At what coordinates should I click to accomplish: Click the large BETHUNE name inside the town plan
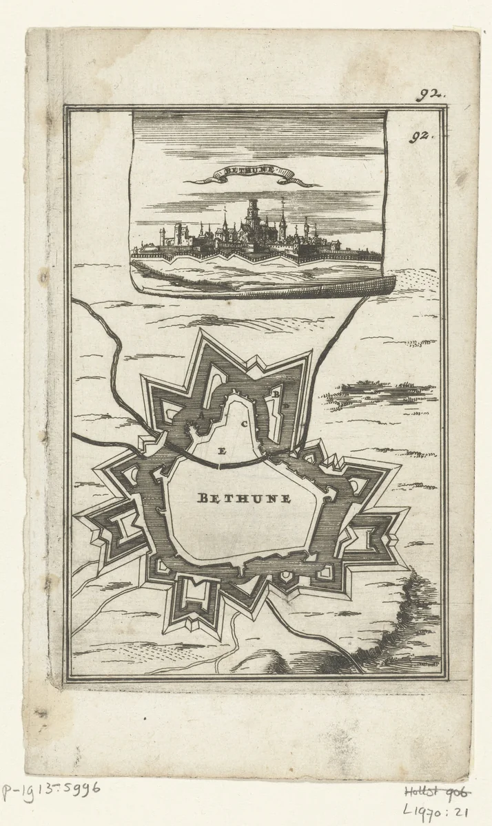click(244, 498)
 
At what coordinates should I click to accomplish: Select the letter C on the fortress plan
click(244, 425)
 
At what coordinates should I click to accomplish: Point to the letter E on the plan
click(221, 452)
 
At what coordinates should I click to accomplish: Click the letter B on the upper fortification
click(275, 394)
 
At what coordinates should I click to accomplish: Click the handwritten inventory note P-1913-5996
click(52, 788)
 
